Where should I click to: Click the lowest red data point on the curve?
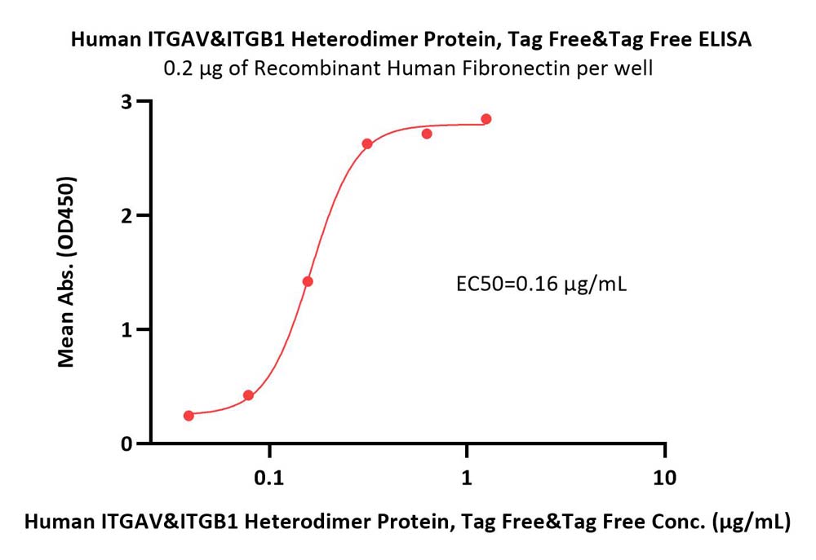click(189, 416)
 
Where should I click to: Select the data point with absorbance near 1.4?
click(308, 282)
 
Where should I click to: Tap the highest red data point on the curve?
click(486, 119)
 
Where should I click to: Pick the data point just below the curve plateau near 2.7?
click(427, 134)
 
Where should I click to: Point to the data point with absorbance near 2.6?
click(367, 143)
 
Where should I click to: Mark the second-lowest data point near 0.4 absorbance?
click(248, 395)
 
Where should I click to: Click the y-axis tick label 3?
click(126, 102)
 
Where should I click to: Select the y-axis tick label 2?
click(126, 216)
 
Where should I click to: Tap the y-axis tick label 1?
click(126, 330)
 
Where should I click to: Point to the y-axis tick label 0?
click(126, 444)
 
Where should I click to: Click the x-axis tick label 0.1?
click(269, 478)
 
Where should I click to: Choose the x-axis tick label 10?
click(664, 478)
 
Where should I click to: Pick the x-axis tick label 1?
click(467, 478)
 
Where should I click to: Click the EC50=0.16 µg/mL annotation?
click(542, 284)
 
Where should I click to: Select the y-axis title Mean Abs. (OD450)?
click(66, 272)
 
